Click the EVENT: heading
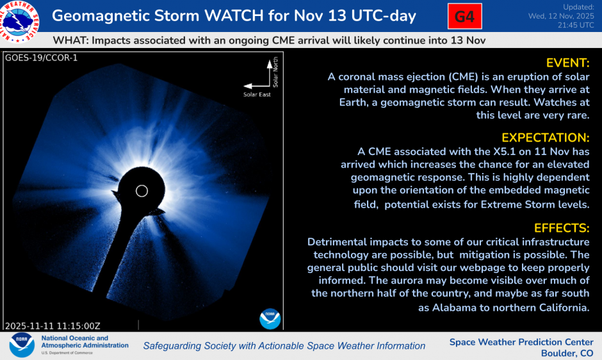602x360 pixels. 567,63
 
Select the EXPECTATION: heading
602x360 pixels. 545,138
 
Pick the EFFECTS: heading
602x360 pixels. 562,228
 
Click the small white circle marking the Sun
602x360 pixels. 142,191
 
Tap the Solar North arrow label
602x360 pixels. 275,73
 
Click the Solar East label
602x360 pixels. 257,95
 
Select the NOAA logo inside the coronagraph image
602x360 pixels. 270,318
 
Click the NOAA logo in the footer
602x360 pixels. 21,345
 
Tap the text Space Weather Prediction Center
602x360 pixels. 521,342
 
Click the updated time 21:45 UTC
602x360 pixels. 573,25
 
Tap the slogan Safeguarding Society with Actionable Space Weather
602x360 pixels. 284,346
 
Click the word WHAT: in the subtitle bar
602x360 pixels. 70,40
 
